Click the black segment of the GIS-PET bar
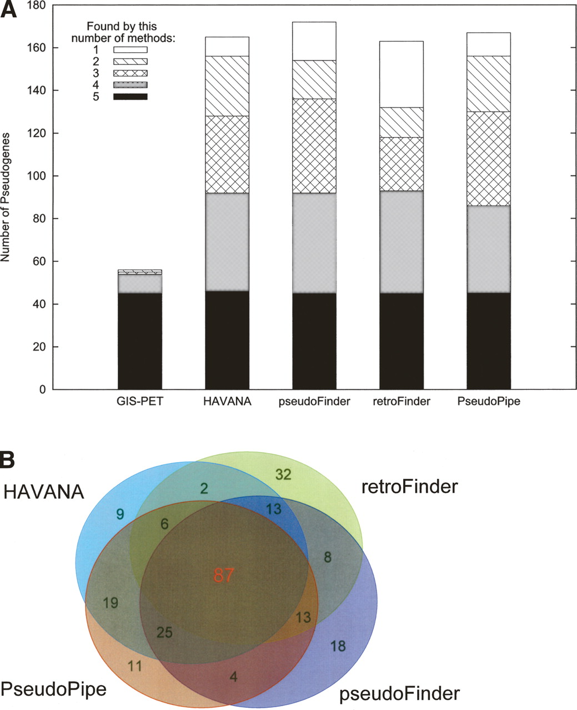[x=139, y=341]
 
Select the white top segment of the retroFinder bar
[x=402, y=74]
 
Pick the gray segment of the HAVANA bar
[x=227, y=242]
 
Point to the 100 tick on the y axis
[x=56, y=176]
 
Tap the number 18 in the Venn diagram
[x=338, y=646]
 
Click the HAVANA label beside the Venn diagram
[x=43, y=491]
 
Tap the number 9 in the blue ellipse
[x=119, y=514]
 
